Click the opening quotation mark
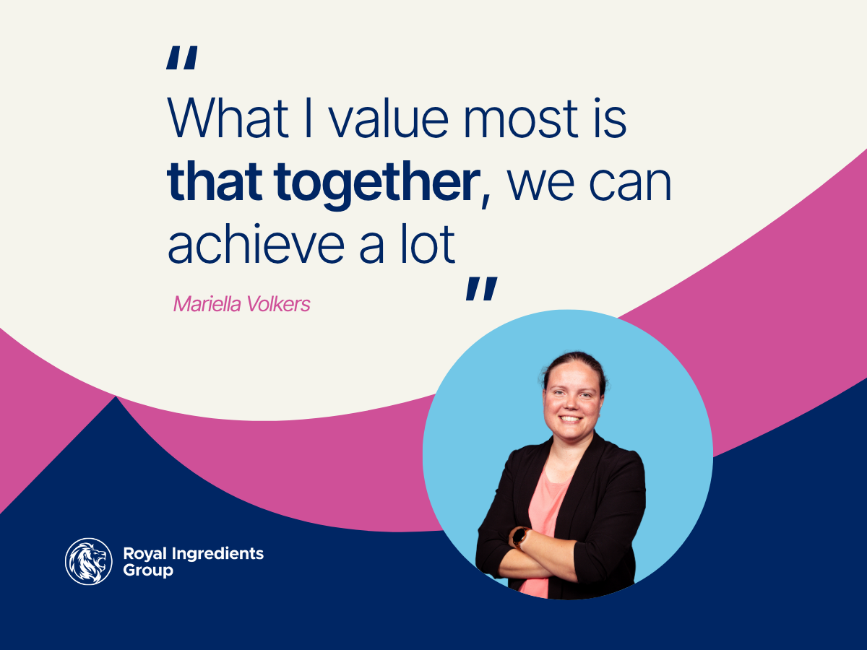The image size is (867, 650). pos(181,58)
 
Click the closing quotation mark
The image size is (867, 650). pos(481,289)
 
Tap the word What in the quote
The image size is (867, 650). pos(228,118)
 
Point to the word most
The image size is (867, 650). pos(521,118)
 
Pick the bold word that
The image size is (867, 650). pos(215,181)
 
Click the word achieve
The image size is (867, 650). pos(256,243)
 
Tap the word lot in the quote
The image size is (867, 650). pos(428,243)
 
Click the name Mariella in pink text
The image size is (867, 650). pos(207,304)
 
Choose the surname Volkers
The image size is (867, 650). pos(278,304)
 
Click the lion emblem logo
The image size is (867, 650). pos(88,561)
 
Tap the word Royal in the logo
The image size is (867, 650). pos(145,555)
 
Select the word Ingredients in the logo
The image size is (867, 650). pos(217,555)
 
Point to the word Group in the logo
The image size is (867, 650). pos(148,571)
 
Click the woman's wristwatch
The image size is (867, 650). pos(519,537)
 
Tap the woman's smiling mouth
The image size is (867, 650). pos(570,419)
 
